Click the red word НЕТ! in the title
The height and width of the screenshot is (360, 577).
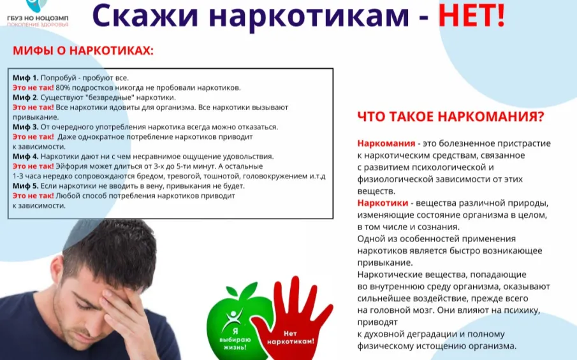(x=471, y=16)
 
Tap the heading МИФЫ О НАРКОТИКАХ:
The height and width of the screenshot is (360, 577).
(x=84, y=50)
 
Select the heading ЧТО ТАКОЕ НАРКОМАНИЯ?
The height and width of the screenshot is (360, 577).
(x=450, y=117)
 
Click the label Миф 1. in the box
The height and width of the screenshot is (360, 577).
(x=26, y=78)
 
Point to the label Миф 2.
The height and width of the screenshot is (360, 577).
(x=26, y=97)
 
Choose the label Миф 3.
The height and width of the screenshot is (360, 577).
(x=26, y=127)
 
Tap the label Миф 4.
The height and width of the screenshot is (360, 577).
(x=26, y=156)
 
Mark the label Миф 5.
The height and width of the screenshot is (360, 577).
(x=26, y=185)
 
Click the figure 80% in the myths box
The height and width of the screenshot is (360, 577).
(x=63, y=87)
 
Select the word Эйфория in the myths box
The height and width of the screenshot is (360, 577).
(x=71, y=166)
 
